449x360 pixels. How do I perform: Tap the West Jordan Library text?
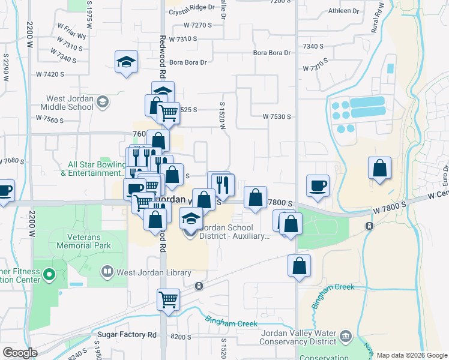click(154, 273)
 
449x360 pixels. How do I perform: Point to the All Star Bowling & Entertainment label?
click(90, 169)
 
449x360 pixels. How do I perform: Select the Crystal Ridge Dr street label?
click(191, 7)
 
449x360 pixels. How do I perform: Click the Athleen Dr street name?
click(344, 11)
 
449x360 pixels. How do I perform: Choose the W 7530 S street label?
click(276, 116)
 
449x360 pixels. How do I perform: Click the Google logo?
click(20, 353)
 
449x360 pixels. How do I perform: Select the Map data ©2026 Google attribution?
click(412, 355)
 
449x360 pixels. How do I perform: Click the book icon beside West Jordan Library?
click(107, 272)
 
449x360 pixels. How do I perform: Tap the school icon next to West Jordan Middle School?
click(103, 103)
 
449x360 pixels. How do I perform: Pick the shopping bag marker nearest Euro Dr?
click(380, 169)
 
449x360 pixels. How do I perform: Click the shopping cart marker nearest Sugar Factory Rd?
click(169, 299)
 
